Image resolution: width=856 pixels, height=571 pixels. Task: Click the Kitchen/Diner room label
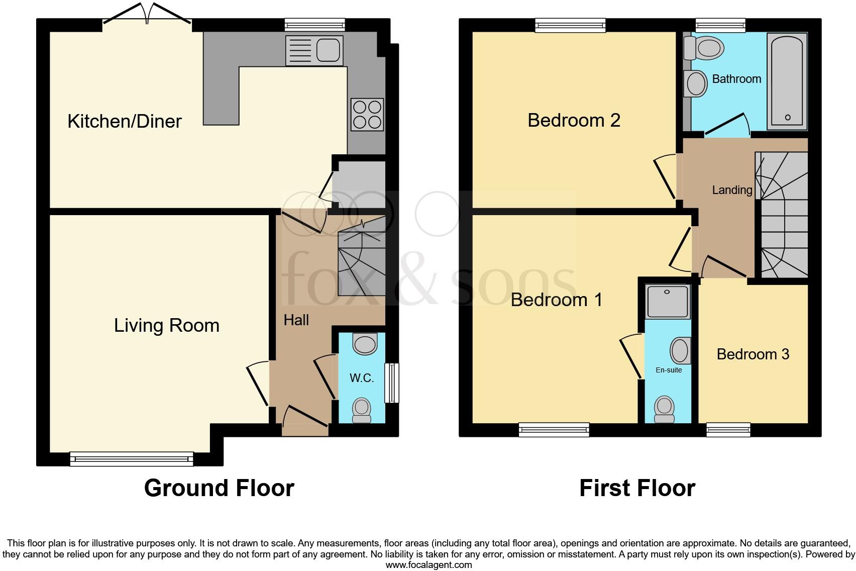124,121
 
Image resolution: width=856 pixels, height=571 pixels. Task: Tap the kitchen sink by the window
314,50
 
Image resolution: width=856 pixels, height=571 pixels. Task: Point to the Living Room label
166,326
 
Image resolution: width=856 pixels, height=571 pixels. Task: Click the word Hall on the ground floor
296,320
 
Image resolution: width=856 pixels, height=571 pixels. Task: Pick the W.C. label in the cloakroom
362,378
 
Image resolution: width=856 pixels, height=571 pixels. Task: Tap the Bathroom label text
736,79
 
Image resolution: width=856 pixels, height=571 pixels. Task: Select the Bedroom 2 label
574,121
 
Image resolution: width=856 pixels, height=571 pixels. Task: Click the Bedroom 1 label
556,300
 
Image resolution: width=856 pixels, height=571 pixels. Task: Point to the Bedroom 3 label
753,354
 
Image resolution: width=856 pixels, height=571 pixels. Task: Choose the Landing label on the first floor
732,190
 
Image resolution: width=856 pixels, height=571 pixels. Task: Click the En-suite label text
669,370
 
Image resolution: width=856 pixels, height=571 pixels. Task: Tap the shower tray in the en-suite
668,301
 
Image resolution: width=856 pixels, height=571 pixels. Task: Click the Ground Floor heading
219,488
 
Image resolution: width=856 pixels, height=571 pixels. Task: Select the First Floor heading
637,488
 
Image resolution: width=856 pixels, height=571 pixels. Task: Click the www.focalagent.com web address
429,565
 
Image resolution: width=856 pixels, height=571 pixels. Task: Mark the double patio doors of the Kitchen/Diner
147,15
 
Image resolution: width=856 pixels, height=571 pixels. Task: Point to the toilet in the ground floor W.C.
362,410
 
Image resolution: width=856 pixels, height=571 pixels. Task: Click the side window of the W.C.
391,383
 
